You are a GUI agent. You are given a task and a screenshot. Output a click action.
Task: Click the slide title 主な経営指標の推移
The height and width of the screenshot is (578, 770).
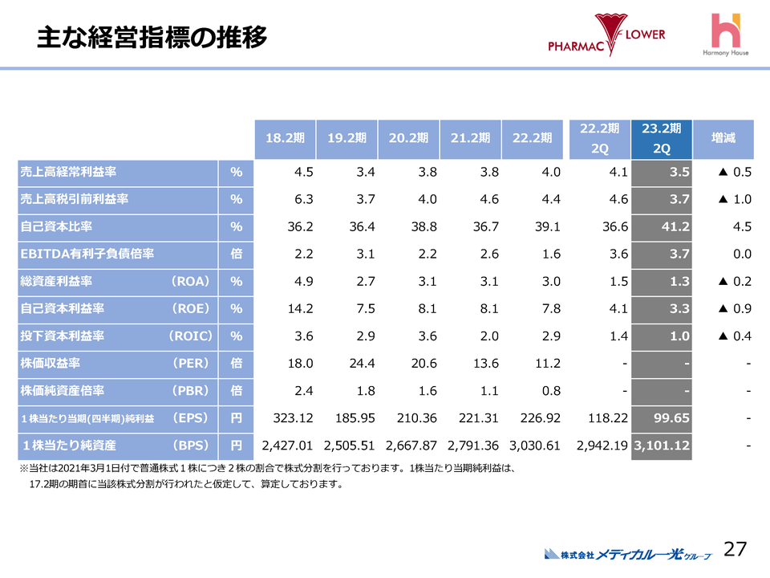152,37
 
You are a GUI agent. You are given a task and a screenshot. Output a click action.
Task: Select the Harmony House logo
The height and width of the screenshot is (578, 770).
727,36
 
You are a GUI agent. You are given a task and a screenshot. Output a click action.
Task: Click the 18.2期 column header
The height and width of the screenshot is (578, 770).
285,138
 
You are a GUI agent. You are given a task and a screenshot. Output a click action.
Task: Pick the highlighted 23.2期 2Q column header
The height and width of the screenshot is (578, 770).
662,138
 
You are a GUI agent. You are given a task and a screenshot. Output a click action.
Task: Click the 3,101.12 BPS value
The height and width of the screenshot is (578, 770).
663,445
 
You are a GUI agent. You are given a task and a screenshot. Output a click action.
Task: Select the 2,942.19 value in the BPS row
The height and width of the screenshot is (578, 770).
600,445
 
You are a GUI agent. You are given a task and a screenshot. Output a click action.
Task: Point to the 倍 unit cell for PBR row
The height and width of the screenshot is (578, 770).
236,390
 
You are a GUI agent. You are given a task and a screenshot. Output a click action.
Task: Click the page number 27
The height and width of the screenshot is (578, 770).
736,549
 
